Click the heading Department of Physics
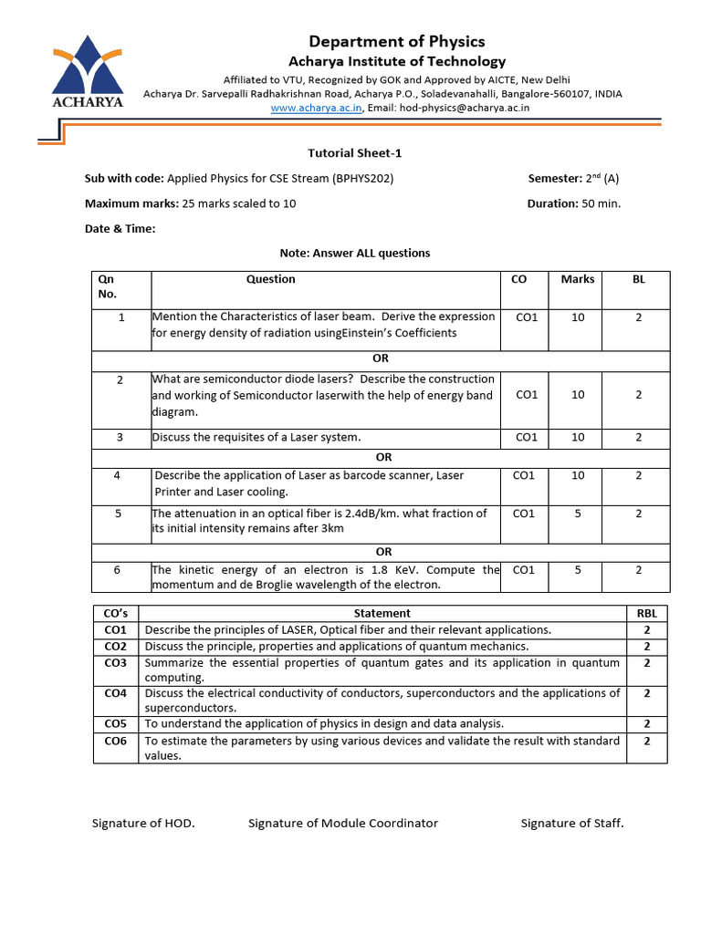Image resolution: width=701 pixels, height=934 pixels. click(x=397, y=41)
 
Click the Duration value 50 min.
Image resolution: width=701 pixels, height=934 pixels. click(x=601, y=203)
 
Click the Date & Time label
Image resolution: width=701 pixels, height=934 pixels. click(x=120, y=229)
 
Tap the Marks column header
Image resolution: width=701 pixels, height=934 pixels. click(x=577, y=279)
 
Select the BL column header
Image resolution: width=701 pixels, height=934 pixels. click(x=638, y=279)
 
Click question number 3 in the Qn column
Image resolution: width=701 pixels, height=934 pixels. click(x=120, y=438)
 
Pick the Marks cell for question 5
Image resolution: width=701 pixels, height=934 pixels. click(x=577, y=514)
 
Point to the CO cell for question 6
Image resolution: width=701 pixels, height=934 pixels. click(x=524, y=570)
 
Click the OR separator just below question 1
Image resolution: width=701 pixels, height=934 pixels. click(x=381, y=358)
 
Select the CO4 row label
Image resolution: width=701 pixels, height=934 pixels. click(x=115, y=693)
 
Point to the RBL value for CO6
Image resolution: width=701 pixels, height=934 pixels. click(x=646, y=742)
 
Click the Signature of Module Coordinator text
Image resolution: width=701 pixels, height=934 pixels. click(x=343, y=824)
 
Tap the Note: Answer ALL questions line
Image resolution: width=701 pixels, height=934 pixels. click(x=354, y=254)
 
